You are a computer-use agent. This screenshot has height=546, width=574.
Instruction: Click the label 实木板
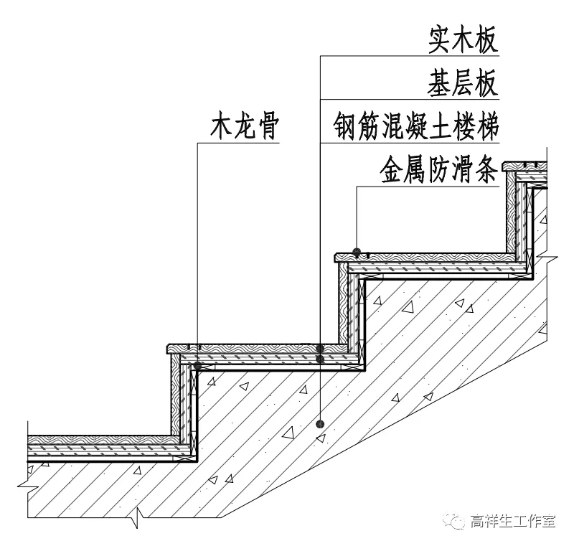click(x=464, y=42)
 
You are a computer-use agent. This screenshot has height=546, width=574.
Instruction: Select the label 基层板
click(x=464, y=84)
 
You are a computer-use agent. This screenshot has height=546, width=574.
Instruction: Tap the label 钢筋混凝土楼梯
click(x=415, y=127)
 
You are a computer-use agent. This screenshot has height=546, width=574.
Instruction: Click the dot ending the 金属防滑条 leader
click(x=357, y=251)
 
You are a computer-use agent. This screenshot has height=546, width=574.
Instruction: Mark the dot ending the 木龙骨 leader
click(x=197, y=365)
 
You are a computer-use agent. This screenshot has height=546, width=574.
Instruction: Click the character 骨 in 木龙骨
click(x=266, y=127)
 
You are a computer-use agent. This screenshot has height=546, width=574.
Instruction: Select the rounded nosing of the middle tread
click(x=337, y=256)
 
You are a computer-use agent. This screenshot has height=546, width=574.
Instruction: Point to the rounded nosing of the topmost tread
click(x=506, y=166)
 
